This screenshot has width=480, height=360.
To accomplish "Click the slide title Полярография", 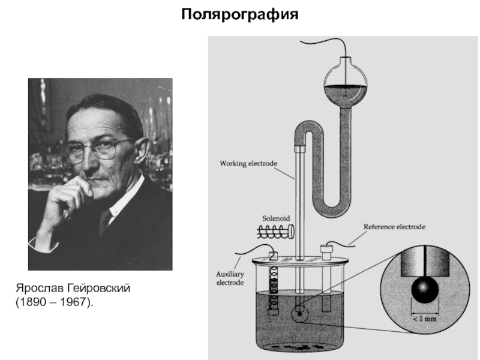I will pyautogui.click(x=240, y=13).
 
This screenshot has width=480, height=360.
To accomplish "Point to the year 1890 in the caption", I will pyautogui.click(x=31, y=303).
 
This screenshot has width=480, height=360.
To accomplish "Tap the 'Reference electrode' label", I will pyautogui.click(x=394, y=227).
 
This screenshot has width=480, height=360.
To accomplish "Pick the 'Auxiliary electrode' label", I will pyautogui.click(x=230, y=278).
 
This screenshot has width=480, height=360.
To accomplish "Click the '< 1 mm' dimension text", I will pyautogui.click(x=424, y=319).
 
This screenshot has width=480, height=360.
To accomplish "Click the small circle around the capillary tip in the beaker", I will pyautogui.click(x=298, y=313).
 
